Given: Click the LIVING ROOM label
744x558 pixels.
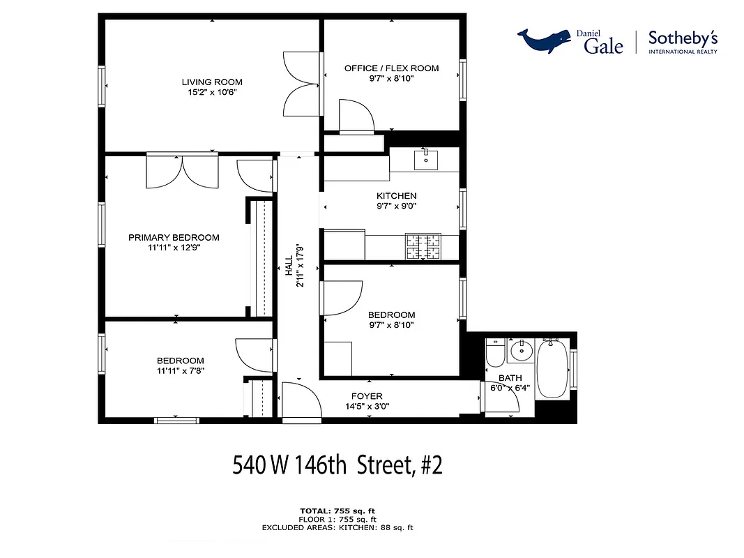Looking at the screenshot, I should (x=212, y=82).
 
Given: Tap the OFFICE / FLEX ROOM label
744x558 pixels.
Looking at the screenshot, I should (x=391, y=68).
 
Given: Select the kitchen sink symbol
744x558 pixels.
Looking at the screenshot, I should (x=425, y=159).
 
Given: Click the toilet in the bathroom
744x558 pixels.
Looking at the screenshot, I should (x=495, y=353).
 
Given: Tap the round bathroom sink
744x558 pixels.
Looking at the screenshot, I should (x=520, y=351).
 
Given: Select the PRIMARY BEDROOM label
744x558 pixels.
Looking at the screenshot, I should (x=174, y=238).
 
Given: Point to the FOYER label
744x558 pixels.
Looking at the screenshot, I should (x=367, y=396).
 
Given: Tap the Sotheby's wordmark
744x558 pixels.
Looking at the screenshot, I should (x=683, y=39).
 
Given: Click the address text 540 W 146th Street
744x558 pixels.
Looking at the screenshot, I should (x=337, y=465).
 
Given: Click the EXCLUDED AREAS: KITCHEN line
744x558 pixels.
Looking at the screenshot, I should (x=337, y=527).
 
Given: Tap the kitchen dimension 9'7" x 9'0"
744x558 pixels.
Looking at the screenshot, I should (x=396, y=206).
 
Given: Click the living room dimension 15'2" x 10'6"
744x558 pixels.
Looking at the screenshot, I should (x=212, y=92).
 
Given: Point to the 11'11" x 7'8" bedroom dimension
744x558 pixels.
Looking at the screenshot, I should (x=181, y=371).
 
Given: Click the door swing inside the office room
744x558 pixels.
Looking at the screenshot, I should (x=355, y=116).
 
